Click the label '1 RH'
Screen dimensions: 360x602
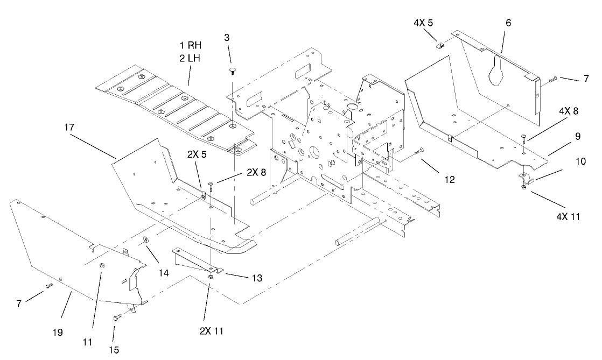[x=190, y=46]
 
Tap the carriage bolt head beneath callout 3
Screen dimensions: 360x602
[x=233, y=70]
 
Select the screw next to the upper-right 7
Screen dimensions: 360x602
[x=553, y=80]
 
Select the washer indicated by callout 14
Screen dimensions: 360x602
[x=146, y=240]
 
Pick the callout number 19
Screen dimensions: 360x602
[x=58, y=333]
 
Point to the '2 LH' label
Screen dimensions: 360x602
[x=190, y=58]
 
